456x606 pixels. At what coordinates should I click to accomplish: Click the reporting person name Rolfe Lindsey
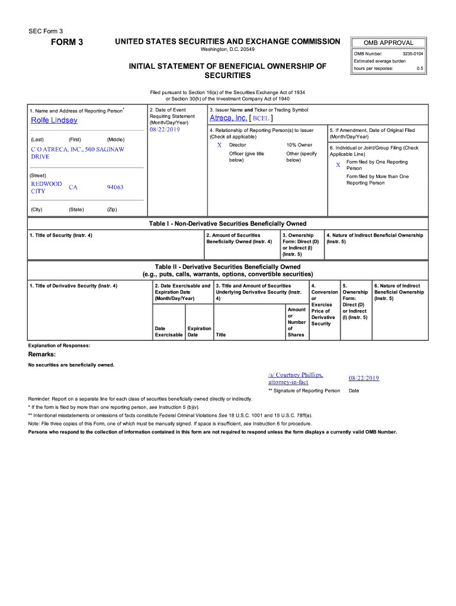[54, 120]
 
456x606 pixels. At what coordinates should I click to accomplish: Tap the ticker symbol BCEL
[261, 118]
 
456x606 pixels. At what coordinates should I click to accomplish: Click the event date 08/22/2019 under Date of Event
[165, 130]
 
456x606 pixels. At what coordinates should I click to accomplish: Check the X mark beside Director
[219, 145]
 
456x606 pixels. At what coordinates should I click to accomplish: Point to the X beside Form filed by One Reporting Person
[338, 165]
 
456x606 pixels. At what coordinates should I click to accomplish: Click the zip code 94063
[115, 188]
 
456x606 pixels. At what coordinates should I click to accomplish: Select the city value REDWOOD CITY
[46, 188]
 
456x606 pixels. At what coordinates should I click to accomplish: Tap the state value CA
[73, 188]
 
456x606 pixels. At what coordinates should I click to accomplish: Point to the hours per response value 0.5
[420, 68]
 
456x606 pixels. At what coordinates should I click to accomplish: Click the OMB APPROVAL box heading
[388, 43]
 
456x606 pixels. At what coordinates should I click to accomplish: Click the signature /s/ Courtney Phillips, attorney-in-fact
[296, 378]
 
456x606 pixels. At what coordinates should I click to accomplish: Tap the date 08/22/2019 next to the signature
[364, 378]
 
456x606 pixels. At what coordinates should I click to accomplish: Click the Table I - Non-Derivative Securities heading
[227, 224]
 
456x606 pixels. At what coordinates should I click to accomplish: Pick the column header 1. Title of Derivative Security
[73, 286]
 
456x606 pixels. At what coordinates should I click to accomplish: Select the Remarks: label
[42, 354]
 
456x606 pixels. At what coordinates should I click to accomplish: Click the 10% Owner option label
[299, 145]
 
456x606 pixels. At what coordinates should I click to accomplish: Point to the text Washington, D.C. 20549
[227, 50]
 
